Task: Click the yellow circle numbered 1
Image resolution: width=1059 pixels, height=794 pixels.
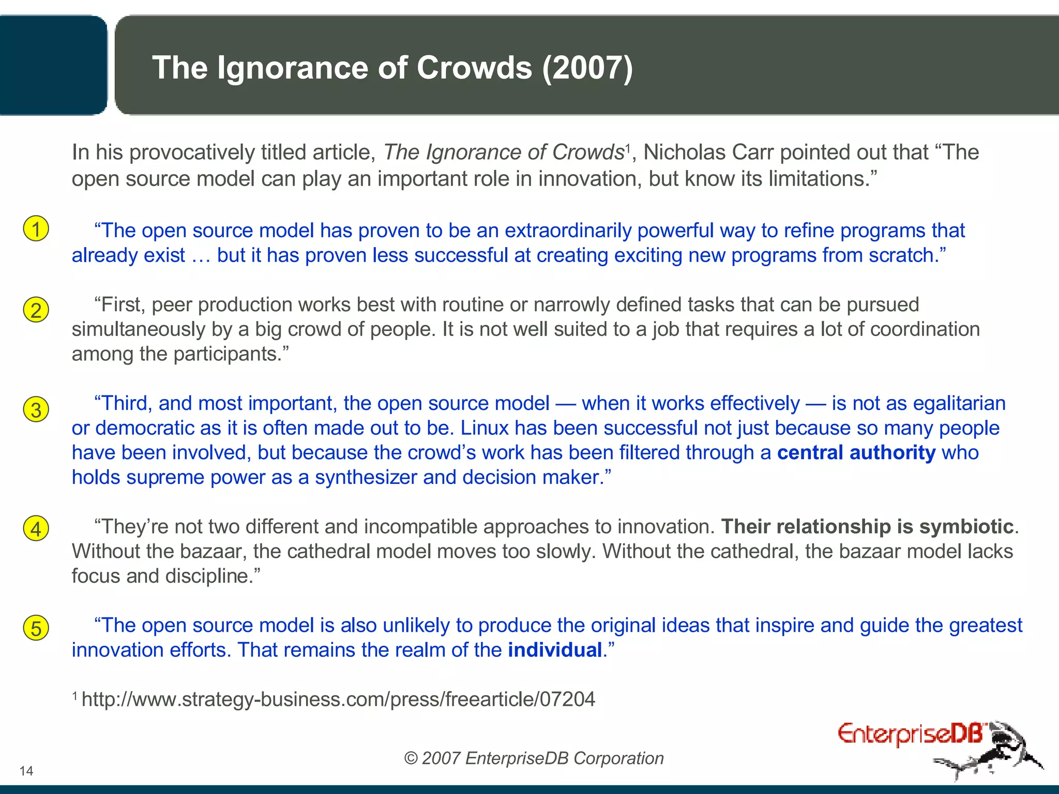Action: [36, 229]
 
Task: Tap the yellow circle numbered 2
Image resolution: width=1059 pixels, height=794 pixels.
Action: [36, 310]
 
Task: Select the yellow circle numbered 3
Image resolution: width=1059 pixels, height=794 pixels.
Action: [36, 409]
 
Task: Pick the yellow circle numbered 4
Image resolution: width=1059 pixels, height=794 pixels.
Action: [36, 528]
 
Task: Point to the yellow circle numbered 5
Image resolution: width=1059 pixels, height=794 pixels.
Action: [36, 628]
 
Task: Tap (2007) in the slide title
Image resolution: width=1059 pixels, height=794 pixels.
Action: [587, 68]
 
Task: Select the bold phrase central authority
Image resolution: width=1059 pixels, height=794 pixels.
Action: [856, 453]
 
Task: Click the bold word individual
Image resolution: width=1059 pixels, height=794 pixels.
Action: [555, 650]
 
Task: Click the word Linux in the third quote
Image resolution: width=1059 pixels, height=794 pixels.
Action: [484, 428]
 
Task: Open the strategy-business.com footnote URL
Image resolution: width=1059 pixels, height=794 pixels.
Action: [338, 699]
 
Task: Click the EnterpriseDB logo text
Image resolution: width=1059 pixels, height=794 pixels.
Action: [910, 734]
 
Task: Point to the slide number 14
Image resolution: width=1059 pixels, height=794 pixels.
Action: [26, 771]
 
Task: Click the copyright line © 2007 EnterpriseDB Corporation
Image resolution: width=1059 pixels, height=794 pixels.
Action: [534, 758]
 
